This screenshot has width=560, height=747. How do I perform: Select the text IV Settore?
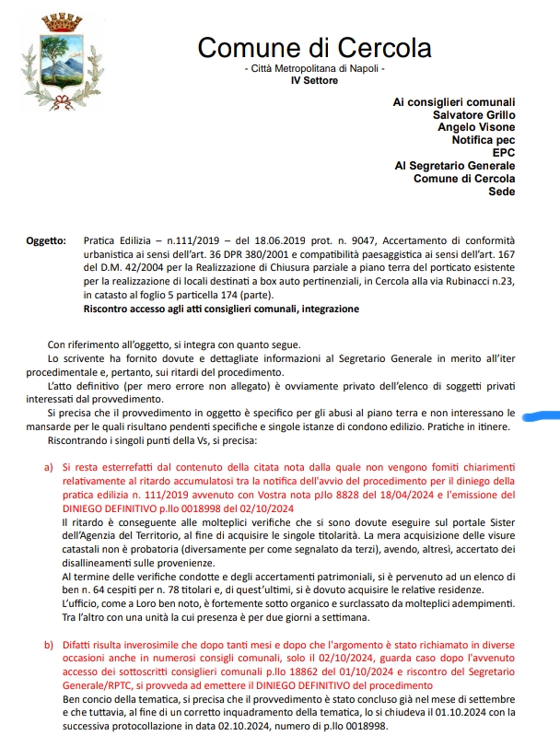point(314,81)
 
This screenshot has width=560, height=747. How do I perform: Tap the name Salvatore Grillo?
point(473,114)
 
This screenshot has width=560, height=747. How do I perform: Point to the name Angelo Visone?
point(476,127)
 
